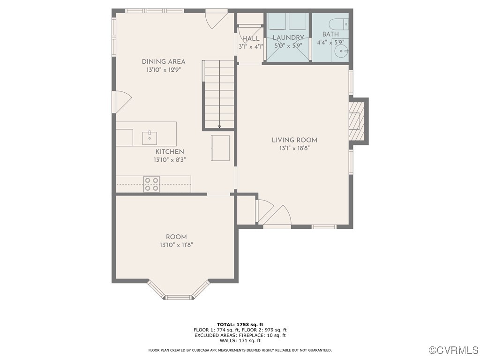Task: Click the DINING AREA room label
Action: point(164,61)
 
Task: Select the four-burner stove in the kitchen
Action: point(151,184)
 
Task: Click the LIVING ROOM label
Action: point(294,140)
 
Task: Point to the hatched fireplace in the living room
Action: point(355,121)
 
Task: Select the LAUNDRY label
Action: point(288,37)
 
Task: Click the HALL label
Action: point(251,38)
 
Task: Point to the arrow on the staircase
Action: point(219,125)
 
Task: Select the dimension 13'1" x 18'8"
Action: point(294,148)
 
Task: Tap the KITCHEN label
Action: point(170,152)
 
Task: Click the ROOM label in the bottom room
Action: point(176,237)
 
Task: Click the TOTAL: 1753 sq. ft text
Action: point(240,324)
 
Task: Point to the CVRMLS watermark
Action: point(454,350)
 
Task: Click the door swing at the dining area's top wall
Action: point(217,19)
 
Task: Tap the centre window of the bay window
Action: point(178,297)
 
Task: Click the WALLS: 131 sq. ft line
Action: point(240,341)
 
